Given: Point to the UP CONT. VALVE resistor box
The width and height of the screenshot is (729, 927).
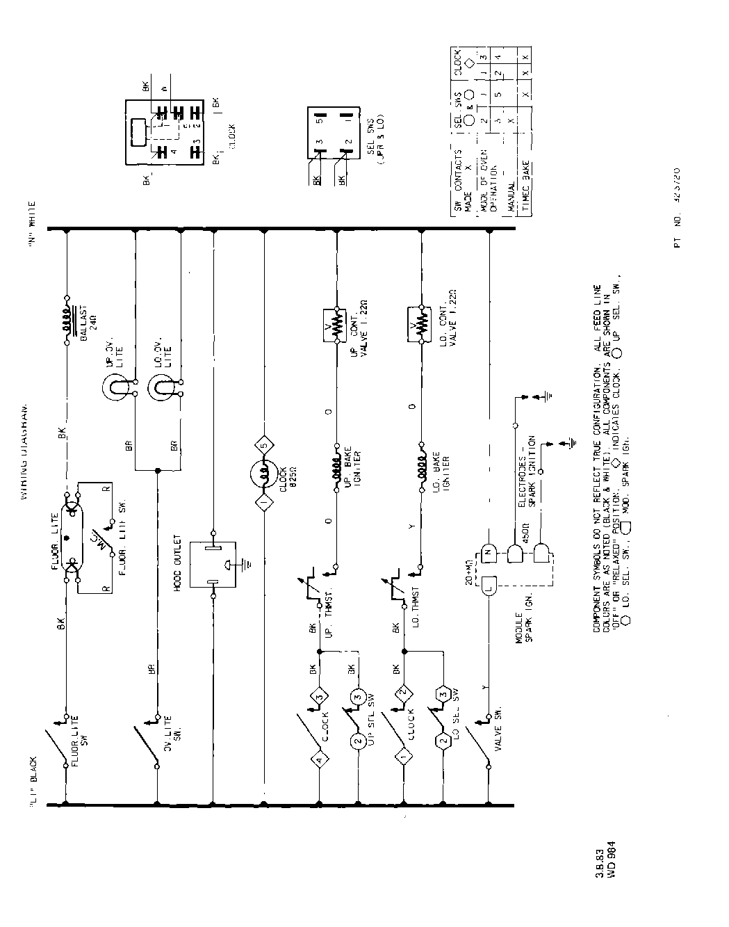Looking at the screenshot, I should pos(337,325).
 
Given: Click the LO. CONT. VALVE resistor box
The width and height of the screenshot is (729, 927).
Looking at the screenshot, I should pos(420,325).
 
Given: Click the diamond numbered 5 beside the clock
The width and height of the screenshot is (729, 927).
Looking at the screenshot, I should pos(263,443).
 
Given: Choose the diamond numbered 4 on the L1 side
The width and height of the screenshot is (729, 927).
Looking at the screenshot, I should pos(319,761).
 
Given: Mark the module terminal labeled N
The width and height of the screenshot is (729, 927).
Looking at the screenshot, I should pos(489,552).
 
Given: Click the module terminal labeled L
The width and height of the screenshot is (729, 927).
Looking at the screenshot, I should pos(489,587).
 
